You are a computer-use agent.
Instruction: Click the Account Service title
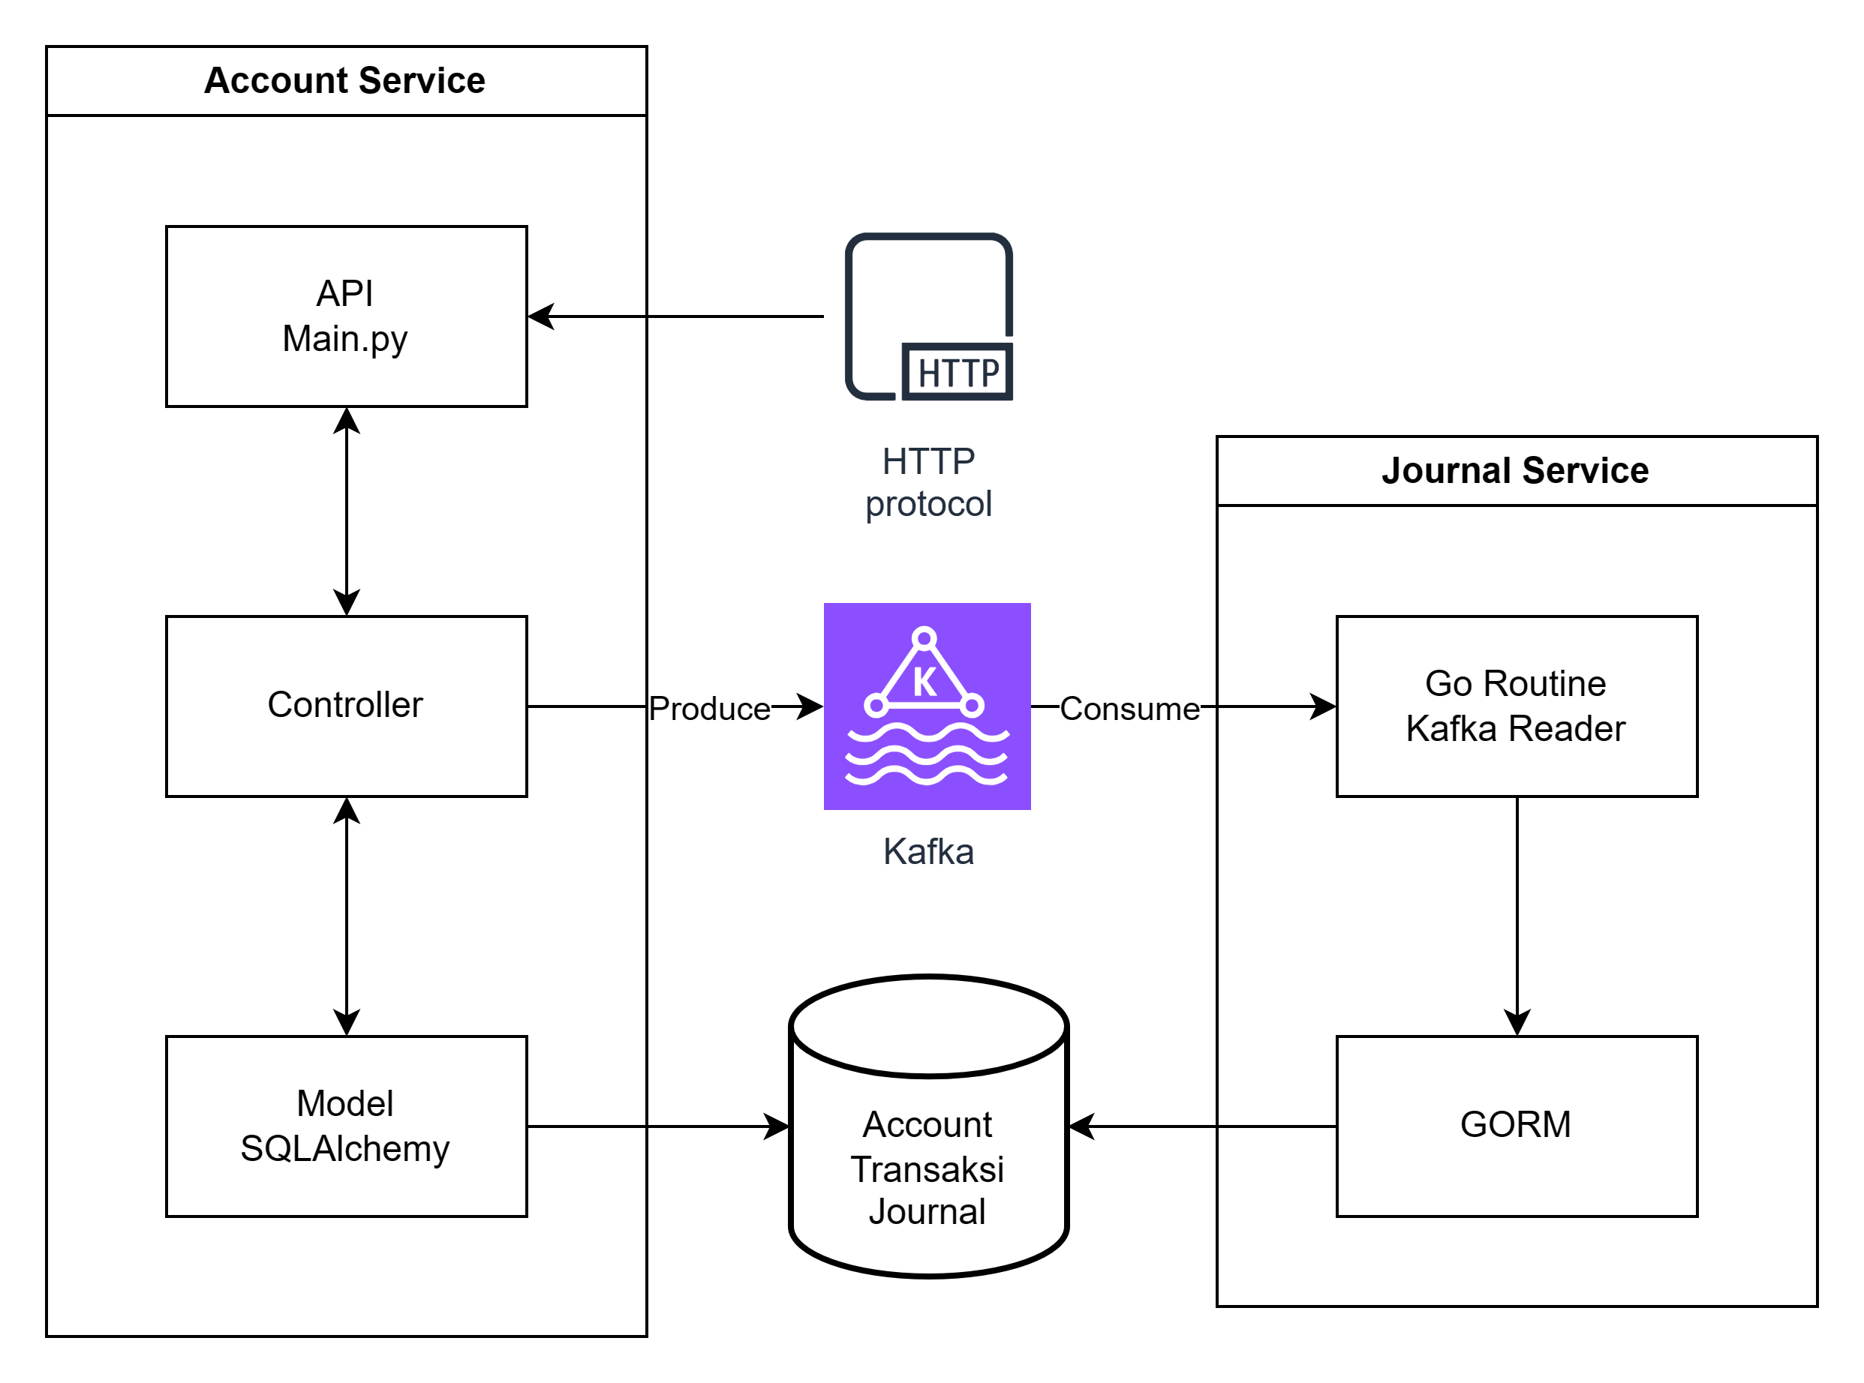(344, 80)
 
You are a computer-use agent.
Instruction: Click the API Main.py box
(346, 316)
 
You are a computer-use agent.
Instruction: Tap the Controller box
(346, 706)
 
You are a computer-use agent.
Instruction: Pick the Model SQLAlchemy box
(346, 1126)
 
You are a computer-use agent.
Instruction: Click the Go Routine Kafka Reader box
(1516, 706)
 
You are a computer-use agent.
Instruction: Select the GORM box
(1516, 1126)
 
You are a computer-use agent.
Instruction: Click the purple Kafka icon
(927, 706)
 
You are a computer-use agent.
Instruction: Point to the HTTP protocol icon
(929, 316)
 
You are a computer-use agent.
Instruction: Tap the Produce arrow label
(709, 708)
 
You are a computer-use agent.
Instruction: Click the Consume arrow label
(1129, 708)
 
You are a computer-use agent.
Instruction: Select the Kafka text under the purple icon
(927, 851)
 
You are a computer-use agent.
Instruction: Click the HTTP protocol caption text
(927, 482)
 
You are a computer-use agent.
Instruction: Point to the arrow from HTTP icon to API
(678, 316)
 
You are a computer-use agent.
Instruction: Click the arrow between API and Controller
(347, 511)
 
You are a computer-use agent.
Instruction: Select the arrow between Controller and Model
(347, 916)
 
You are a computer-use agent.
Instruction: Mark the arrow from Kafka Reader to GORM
(1517, 916)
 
